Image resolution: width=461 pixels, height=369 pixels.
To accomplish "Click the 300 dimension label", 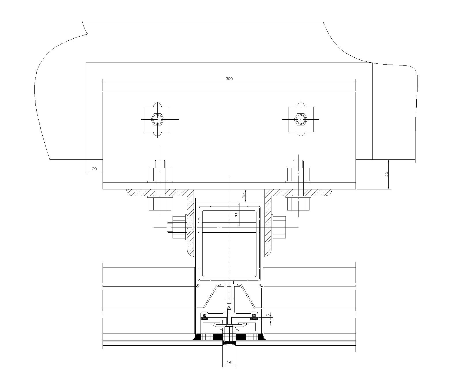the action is tap(229, 79).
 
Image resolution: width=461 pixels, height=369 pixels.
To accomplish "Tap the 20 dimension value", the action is tap(94, 169).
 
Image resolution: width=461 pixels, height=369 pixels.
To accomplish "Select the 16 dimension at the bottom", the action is tap(229, 363).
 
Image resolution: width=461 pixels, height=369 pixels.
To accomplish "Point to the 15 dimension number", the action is tap(243, 195).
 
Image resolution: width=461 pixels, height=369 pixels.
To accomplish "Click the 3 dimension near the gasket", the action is tap(268, 315).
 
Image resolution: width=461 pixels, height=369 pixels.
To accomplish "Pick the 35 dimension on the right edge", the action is tap(386, 174).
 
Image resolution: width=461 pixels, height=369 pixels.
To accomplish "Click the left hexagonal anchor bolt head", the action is tap(158, 119).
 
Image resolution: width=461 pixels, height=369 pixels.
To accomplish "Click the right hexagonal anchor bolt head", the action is tap(301, 119).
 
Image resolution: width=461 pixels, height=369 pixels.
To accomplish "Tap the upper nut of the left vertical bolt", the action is tap(160, 174).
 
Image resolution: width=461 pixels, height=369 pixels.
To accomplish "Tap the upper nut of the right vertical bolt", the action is tap(298, 174).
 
